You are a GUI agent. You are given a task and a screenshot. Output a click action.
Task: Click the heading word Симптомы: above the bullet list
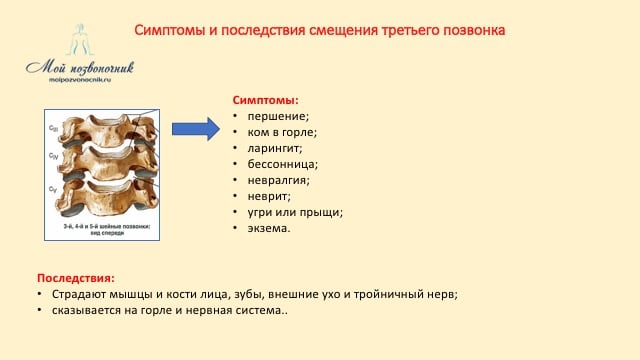coord(266,100)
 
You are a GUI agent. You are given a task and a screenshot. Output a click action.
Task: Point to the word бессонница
coord(282,164)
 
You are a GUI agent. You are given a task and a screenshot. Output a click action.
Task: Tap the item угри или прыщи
coord(295,212)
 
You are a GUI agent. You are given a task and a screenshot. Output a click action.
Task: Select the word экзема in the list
coord(268,228)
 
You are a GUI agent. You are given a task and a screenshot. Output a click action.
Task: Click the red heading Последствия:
coord(76,277)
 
